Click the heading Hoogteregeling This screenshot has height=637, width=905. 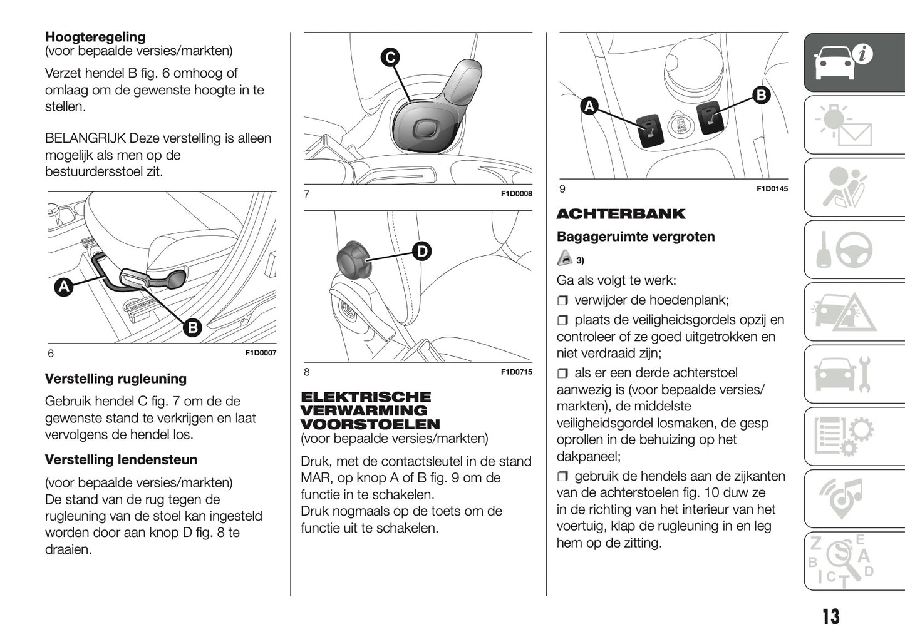click(95, 36)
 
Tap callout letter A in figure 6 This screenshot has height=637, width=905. click(63, 287)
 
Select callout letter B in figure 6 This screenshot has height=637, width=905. click(192, 327)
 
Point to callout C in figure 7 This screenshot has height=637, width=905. click(390, 58)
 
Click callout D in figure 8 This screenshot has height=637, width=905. click(422, 252)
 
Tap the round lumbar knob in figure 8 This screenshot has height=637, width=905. click(354, 258)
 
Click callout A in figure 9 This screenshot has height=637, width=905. click(589, 106)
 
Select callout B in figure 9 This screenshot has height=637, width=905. click(761, 95)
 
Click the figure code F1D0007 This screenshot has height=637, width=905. click(260, 353)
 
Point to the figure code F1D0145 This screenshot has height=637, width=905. click(772, 189)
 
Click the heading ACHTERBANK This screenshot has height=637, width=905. click(621, 214)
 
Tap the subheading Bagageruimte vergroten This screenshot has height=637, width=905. click(635, 237)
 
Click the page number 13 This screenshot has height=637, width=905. click(830, 617)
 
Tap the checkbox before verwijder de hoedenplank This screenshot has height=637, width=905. click(562, 300)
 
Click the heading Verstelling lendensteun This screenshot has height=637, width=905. click(121, 460)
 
